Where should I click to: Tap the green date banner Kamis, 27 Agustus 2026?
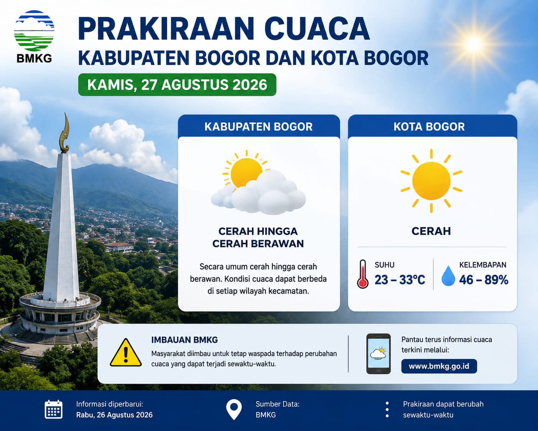177,85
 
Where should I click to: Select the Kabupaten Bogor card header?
259,126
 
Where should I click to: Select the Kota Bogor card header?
432,126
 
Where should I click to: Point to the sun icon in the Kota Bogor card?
431,181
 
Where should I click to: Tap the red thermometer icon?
363,274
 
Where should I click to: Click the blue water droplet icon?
448,275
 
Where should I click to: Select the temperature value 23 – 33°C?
399,280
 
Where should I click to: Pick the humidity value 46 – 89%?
484,280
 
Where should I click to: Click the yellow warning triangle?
126,353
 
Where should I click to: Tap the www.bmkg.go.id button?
439,366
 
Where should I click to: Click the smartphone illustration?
378,354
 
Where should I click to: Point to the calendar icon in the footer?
53,409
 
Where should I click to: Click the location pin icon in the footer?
234,409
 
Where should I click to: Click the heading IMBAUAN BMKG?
185,340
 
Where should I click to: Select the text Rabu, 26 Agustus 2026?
114,415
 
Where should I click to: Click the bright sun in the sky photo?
473,45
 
